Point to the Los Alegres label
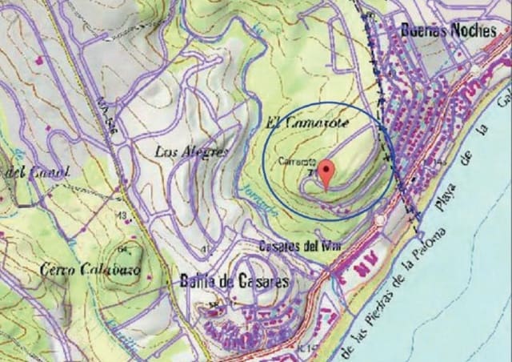192,151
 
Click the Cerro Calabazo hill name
89,270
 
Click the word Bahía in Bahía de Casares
193,282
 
